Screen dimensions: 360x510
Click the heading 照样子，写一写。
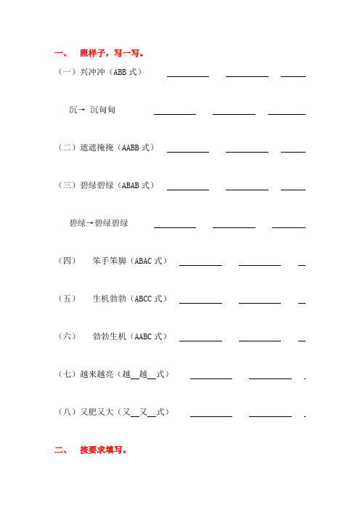point(116,53)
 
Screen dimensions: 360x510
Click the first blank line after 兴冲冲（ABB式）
point(188,76)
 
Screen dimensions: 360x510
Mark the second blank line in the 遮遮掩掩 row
point(247,151)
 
